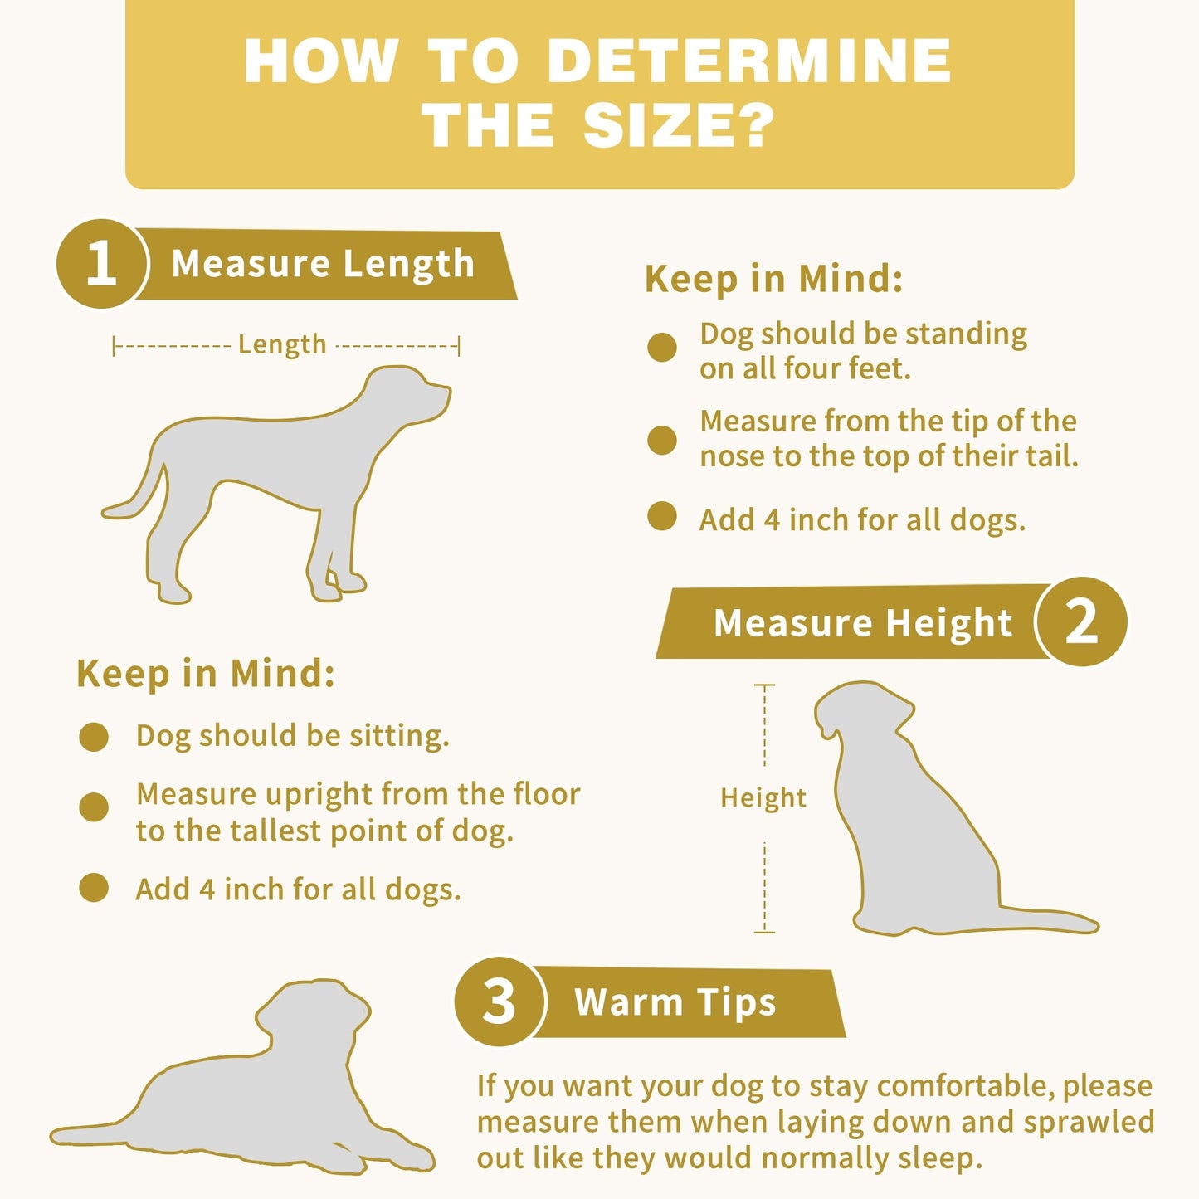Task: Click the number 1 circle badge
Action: tap(101, 264)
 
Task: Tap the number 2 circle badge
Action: tap(1081, 621)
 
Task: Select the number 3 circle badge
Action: tap(499, 1001)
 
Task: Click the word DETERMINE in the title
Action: tap(749, 61)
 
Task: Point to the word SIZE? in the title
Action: tap(679, 126)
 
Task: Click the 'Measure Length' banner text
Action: tap(323, 264)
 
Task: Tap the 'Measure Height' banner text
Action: tap(863, 622)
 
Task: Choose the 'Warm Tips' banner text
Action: tap(675, 1002)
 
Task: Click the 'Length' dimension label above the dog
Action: tap(282, 344)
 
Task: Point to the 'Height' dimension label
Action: tap(763, 797)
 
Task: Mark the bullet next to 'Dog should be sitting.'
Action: tap(94, 736)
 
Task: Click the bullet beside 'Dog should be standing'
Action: tap(662, 347)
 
